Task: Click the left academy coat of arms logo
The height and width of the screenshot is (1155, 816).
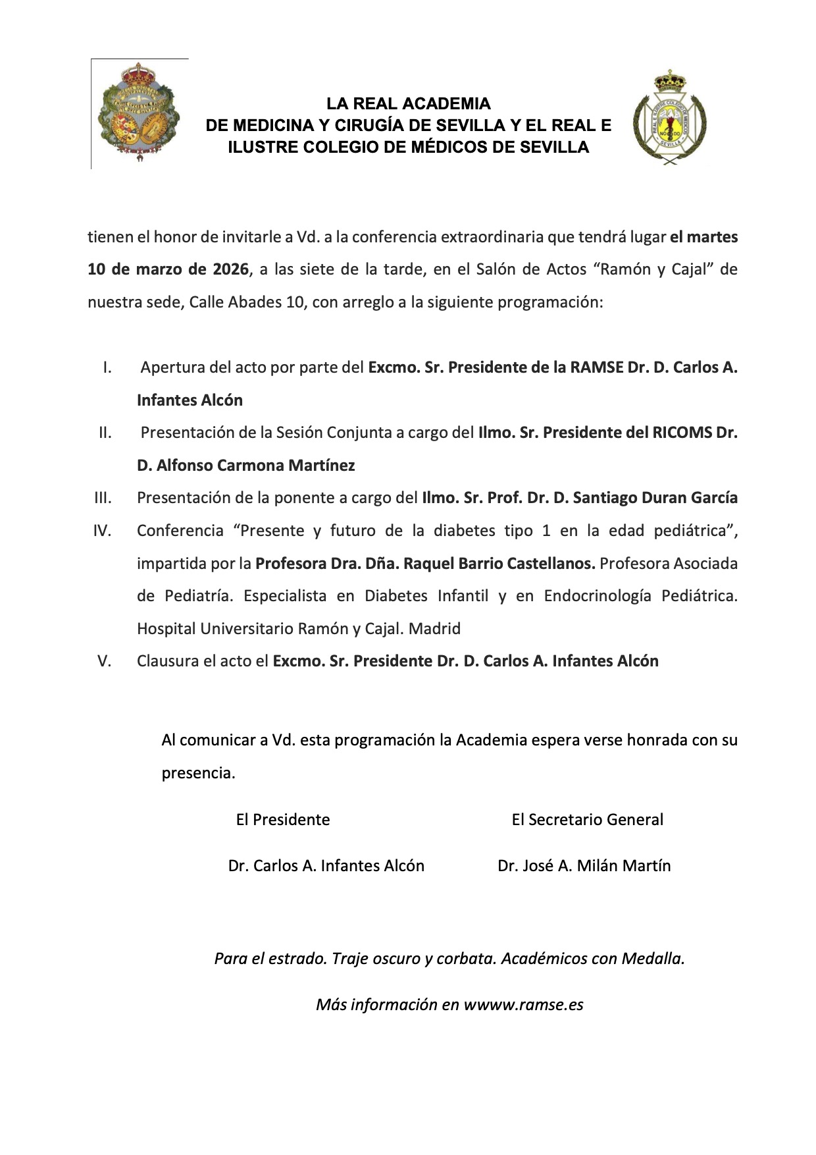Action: [x=138, y=113]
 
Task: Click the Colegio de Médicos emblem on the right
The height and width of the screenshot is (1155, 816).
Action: [x=670, y=118]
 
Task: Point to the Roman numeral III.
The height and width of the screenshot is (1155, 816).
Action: [x=103, y=498]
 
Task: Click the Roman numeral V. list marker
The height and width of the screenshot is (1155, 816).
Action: [x=105, y=661]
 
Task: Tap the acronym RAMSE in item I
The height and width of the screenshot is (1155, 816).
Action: [x=596, y=367]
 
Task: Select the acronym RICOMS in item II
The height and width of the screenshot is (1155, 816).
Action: [x=682, y=433]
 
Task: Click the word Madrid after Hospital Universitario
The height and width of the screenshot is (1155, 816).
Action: [x=434, y=629]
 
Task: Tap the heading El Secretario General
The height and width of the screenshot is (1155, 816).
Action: [x=587, y=820]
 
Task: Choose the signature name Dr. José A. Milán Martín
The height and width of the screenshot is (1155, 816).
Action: [x=584, y=866]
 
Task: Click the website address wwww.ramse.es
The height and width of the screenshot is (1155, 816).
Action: [x=523, y=1005]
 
